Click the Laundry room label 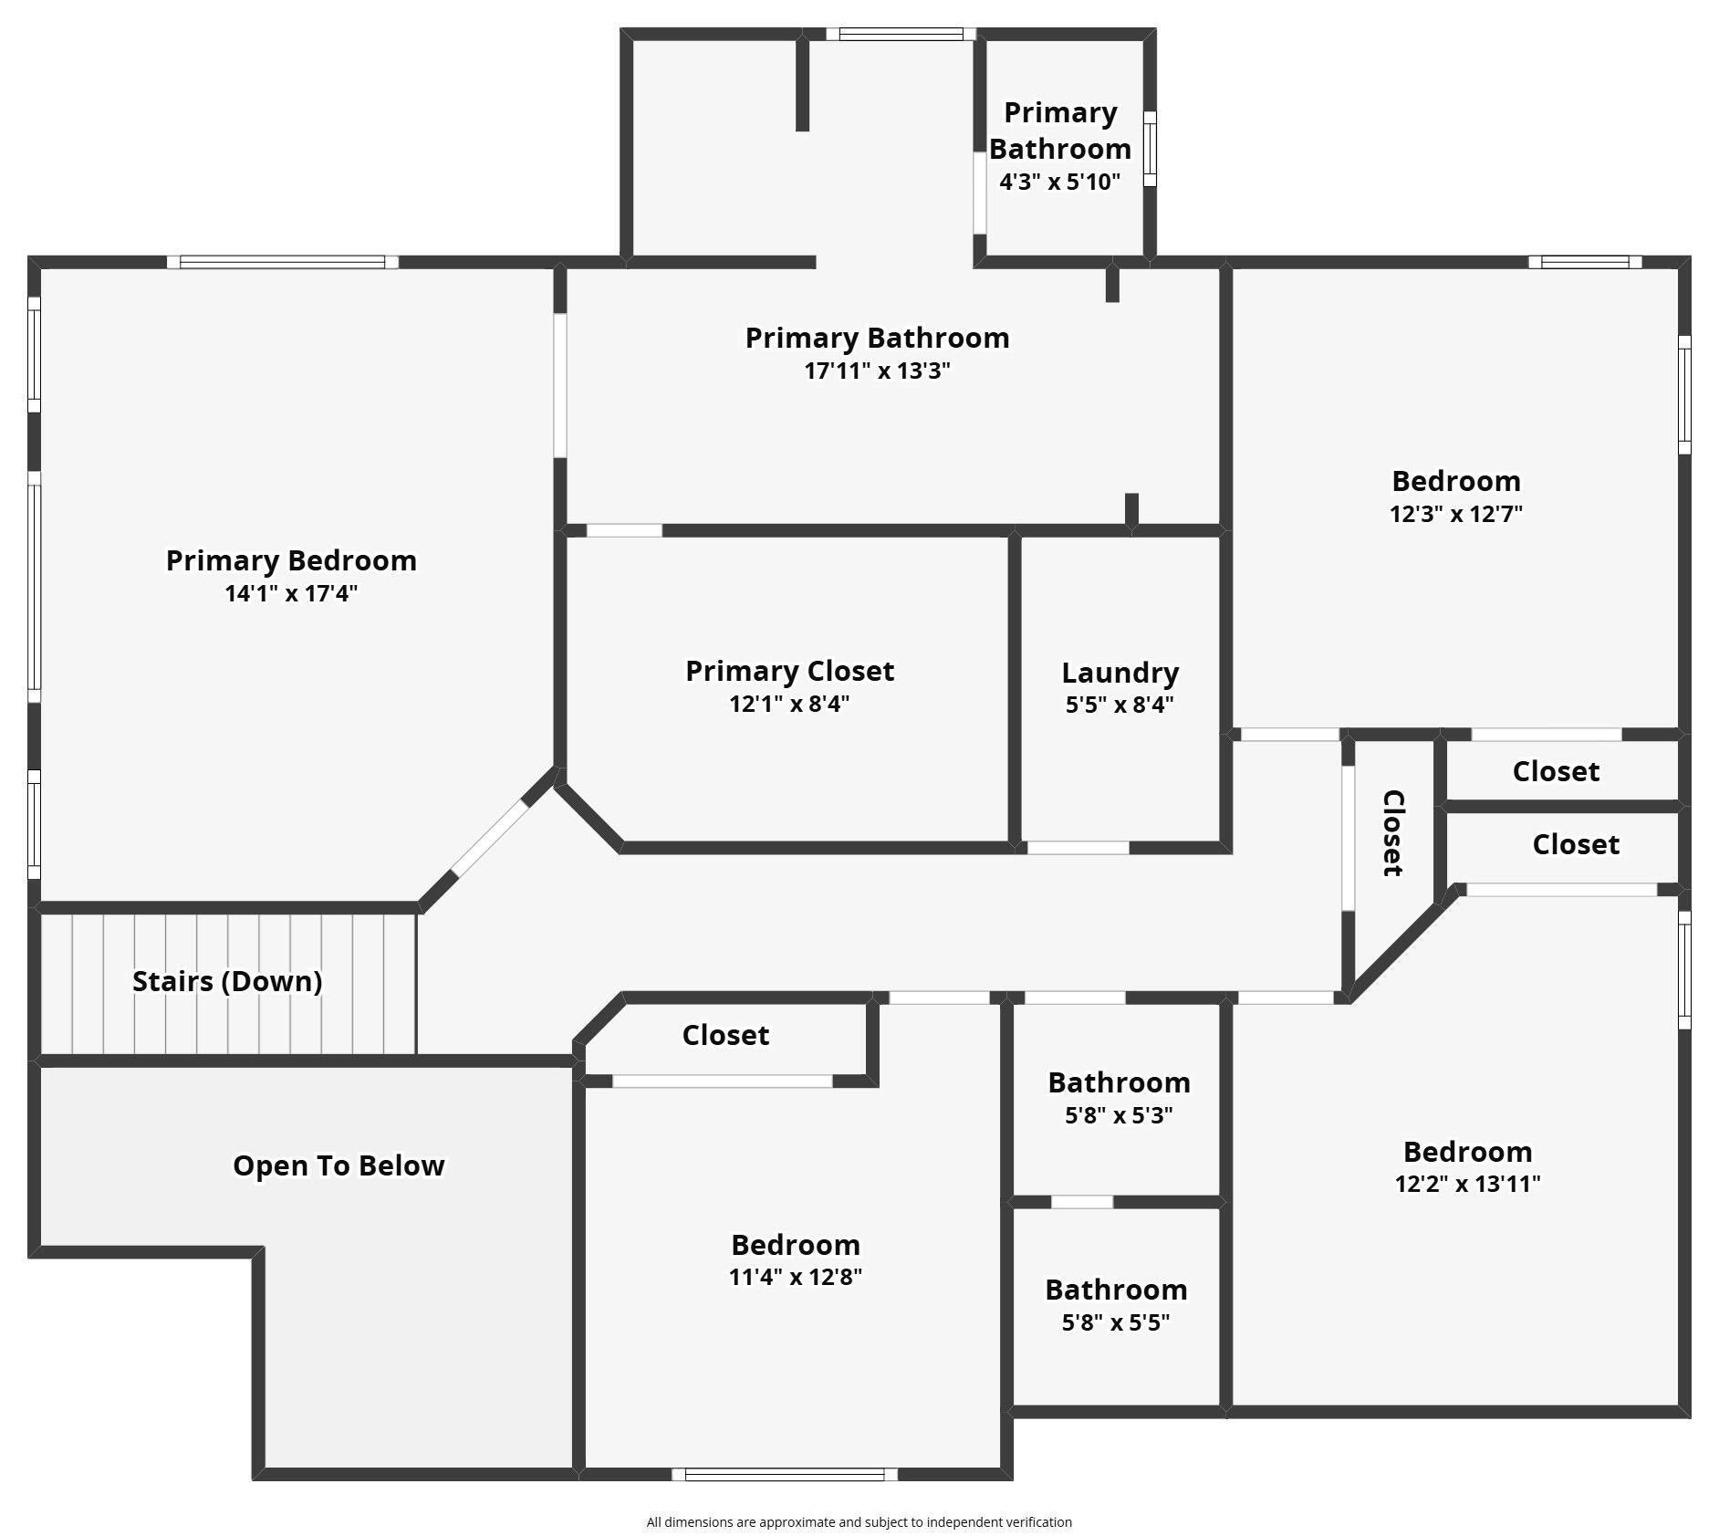pos(1120,674)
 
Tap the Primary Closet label pos(789,671)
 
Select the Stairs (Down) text pos(227,981)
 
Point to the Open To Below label pos(339,1165)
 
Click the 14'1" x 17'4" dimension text pos(291,593)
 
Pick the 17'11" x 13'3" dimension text pos(877,371)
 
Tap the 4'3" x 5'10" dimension pos(1059,182)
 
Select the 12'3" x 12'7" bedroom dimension pos(1455,514)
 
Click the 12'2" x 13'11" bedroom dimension pos(1467,1184)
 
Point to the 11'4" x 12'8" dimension pos(795,1277)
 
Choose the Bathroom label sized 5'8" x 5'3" pos(1119,1082)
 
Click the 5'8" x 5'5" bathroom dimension pos(1115,1322)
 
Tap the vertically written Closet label pos(1393,833)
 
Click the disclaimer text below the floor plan pos(859,1522)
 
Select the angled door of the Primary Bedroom pos(490,838)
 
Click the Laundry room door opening pos(1078,848)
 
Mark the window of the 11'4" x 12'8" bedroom pos(785,1475)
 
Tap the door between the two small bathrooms pos(1082,1202)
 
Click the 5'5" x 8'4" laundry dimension pos(1120,705)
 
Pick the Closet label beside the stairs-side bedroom pos(725,1035)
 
